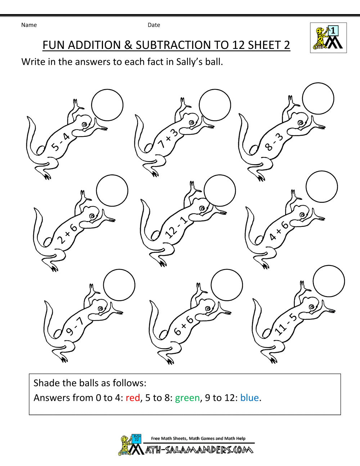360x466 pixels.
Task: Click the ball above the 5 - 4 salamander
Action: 107,105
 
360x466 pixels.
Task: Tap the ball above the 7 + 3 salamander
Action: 215,105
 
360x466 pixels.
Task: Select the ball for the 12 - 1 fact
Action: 220,191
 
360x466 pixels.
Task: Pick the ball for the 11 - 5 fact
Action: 329,281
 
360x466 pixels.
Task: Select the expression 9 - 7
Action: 75,326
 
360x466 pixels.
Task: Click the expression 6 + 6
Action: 184,326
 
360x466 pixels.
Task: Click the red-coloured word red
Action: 132,398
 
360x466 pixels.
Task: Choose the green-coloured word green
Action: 187,398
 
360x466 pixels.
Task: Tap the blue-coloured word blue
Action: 249,398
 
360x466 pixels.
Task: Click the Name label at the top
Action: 29,25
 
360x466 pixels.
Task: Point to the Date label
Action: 154,25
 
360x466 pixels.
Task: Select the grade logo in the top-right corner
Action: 328,38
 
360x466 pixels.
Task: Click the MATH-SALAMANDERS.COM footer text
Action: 199,450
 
